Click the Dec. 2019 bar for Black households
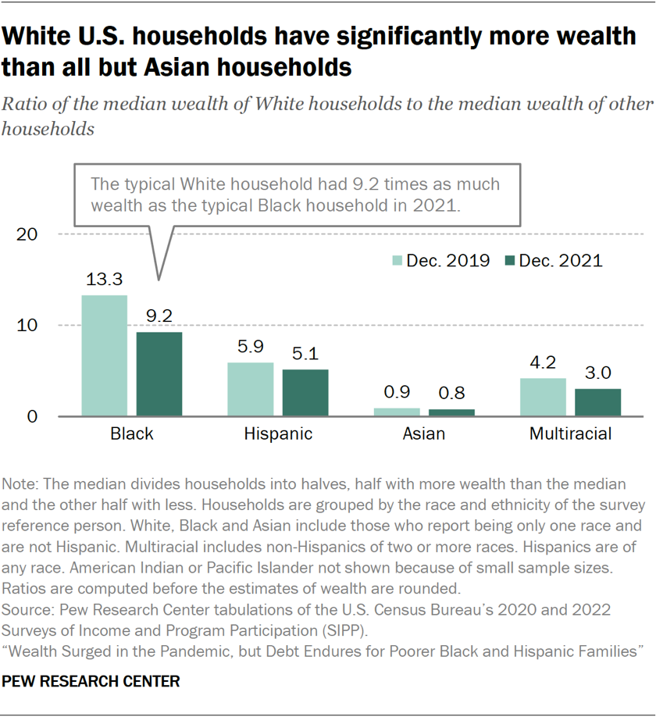104,355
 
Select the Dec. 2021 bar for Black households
159,374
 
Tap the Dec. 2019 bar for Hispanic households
251,389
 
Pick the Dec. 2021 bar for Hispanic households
305,393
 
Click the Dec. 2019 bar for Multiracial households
543,397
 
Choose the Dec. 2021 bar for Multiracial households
598,402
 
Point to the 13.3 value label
104,279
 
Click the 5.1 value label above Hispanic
305,354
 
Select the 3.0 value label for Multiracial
598,373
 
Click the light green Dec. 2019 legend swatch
397,261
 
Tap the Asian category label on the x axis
425,434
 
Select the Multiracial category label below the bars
571,434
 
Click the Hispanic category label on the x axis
278,434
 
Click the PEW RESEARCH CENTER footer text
91,682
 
